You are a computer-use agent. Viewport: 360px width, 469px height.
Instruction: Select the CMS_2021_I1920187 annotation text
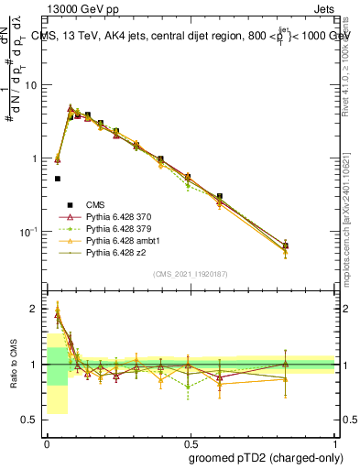tap(191, 273)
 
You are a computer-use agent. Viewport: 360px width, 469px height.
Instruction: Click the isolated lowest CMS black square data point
tap(58, 179)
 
